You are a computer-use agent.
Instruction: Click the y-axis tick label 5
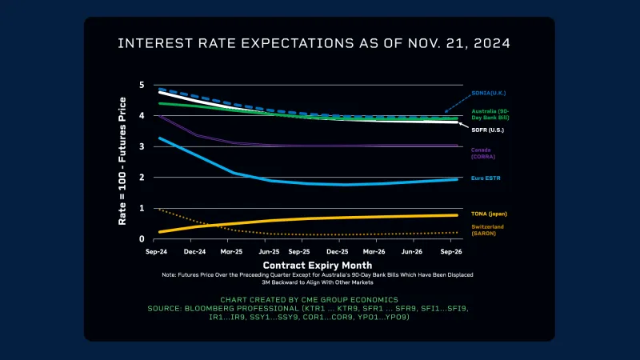click(142, 85)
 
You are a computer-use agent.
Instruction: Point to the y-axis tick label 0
click(142, 239)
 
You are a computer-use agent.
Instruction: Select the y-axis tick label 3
click(142, 146)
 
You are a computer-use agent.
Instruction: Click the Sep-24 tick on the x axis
click(157, 251)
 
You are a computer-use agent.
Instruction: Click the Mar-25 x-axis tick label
click(230, 251)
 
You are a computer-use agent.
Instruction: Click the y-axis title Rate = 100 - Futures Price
click(122, 160)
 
